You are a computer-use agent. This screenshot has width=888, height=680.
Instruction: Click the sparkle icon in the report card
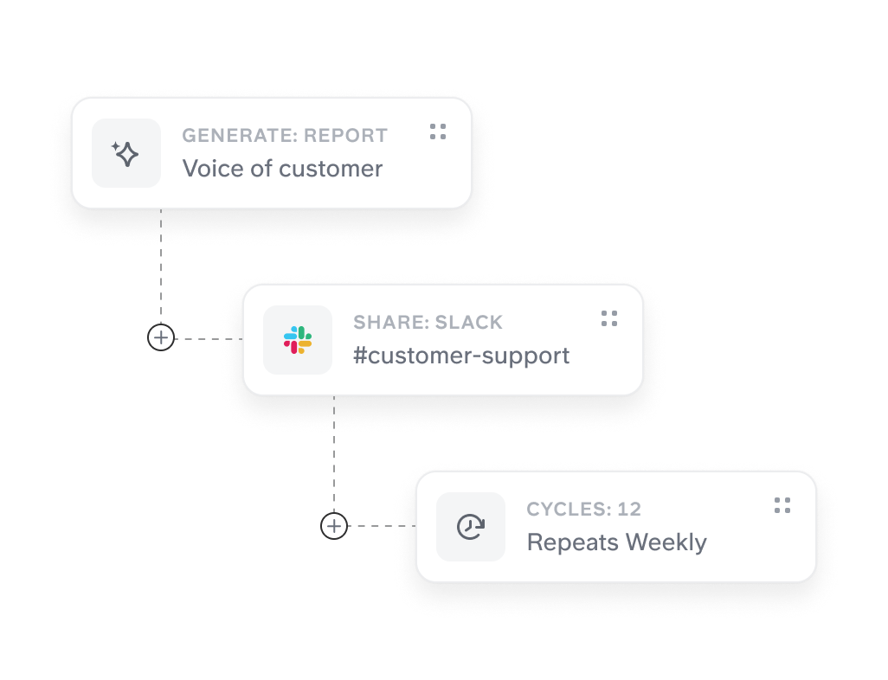[126, 154]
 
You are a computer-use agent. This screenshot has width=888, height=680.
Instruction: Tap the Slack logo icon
[298, 340]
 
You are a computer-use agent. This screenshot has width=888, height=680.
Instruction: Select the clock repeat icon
[471, 526]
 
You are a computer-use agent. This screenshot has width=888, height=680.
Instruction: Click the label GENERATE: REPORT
[285, 136]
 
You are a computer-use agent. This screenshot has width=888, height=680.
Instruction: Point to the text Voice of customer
[282, 169]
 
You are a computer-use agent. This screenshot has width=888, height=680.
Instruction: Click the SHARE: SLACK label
[428, 323]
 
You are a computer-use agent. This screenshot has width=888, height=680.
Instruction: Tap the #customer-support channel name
[461, 356]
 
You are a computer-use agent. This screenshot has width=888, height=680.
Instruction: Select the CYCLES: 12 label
[583, 510]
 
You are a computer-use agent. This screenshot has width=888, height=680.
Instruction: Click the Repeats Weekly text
[616, 542]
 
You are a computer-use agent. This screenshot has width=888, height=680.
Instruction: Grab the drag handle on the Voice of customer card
[438, 132]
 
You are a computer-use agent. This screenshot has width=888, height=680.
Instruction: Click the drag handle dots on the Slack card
[609, 318]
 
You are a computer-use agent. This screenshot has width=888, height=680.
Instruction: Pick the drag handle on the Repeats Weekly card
[782, 505]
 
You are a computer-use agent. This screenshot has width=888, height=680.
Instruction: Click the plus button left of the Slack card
[161, 337]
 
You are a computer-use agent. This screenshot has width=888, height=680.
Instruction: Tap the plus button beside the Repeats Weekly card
[334, 525]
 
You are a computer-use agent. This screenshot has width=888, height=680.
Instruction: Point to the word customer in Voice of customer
[331, 169]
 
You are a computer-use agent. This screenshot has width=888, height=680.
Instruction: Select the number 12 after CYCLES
[629, 510]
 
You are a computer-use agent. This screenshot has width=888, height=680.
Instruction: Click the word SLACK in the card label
[468, 323]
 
